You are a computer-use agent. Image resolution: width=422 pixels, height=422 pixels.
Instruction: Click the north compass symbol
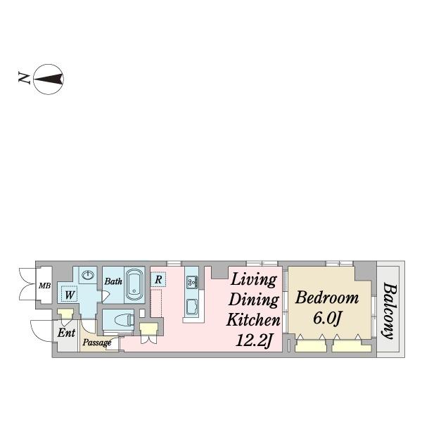pyautogui.click(x=49, y=79)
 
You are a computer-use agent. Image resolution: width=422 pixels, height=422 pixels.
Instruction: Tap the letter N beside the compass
pyautogui.click(x=24, y=77)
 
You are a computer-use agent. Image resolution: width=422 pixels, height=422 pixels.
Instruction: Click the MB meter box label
pyautogui.click(x=45, y=286)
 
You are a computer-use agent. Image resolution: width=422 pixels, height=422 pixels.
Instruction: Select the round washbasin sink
pyautogui.click(x=88, y=275)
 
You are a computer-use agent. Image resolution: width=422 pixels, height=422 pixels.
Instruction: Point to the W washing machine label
pyautogui.click(x=70, y=295)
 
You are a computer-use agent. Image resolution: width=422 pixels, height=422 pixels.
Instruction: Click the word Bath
pyautogui.click(x=113, y=281)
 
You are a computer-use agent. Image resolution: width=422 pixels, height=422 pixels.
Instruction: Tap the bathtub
pyautogui.click(x=134, y=285)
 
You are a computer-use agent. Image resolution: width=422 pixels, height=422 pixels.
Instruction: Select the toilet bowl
pyautogui.click(x=124, y=320)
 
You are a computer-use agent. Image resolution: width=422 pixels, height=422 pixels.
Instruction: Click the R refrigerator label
pyautogui.click(x=158, y=280)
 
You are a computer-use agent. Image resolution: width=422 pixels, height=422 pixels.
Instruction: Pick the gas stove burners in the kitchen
pyautogui.click(x=192, y=282)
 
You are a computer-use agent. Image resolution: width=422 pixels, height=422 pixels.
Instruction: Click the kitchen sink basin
pyautogui.click(x=192, y=307)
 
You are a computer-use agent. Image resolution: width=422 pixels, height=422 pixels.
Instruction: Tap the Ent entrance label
pyautogui.click(x=67, y=333)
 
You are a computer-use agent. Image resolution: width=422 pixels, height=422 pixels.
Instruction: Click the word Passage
pyautogui.click(x=97, y=343)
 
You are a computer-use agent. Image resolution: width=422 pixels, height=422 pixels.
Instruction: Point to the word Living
pyautogui.click(x=254, y=280)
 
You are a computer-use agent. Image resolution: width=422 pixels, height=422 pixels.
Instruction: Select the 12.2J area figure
pyautogui.click(x=254, y=340)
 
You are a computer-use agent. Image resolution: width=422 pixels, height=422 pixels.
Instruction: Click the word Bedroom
pyautogui.click(x=327, y=298)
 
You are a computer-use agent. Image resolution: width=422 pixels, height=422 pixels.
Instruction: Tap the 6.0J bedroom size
pyautogui.click(x=327, y=319)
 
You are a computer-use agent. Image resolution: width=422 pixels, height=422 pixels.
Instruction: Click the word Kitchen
pyautogui.click(x=253, y=319)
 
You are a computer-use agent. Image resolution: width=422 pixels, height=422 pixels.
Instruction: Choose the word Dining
pyautogui.click(x=253, y=300)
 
